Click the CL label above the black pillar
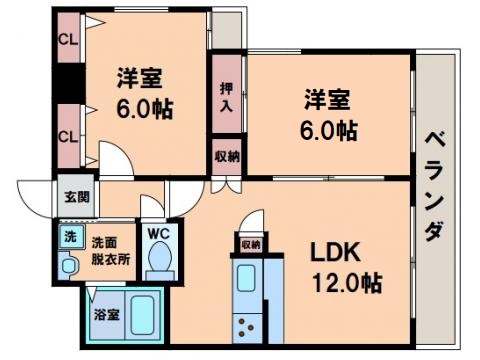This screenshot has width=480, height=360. click(x=68, y=40)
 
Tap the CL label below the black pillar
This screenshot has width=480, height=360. click(x=68, y=137)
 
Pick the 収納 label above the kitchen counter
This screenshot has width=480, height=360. click(x=250, y=243)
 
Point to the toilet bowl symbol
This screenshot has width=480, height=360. click(x=159, y=263)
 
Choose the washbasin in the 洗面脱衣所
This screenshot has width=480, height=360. click(x=70, y=265)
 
